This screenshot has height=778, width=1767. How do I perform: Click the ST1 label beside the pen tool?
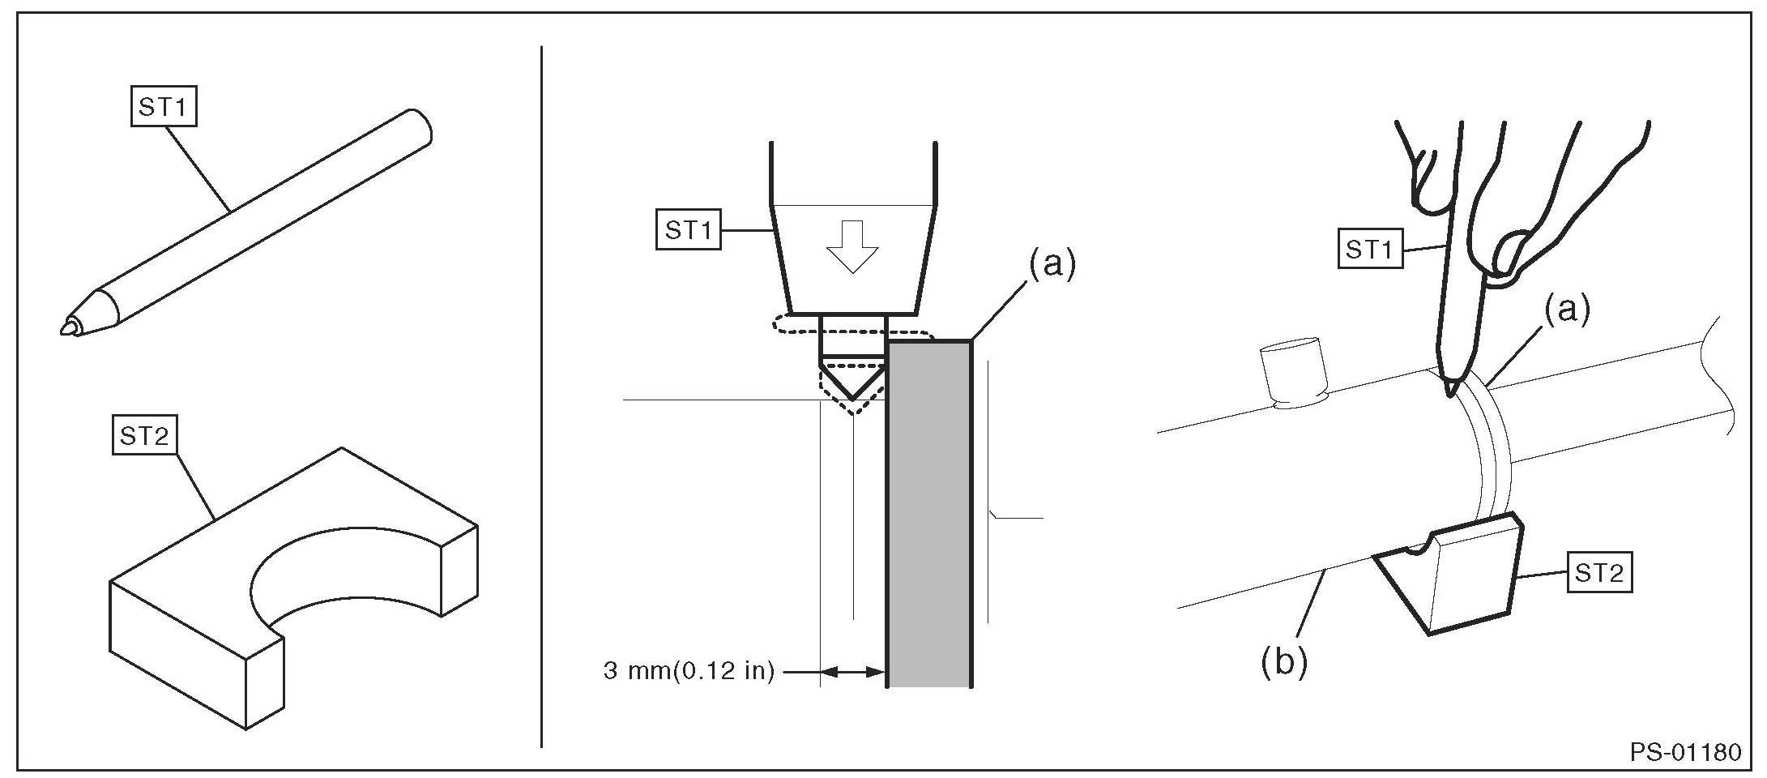tap(164, 107)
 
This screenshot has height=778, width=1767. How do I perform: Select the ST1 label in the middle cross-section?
tap(688, 231)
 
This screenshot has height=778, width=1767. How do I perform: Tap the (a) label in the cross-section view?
tap(1052, 264)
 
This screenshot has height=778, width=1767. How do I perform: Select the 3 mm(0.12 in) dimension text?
tap(689, 672)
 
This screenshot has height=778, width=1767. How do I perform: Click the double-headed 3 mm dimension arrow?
tap(853, 672)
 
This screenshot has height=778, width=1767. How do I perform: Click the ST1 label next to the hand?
tap(1368, 250)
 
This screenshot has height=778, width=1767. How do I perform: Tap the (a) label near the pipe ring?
tap(1566, 310)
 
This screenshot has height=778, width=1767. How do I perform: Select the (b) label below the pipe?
tap(1284, 662)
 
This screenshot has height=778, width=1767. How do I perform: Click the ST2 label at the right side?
tap(1599, 574)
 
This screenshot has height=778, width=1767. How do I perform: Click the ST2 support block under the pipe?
tap(1450, 575)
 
